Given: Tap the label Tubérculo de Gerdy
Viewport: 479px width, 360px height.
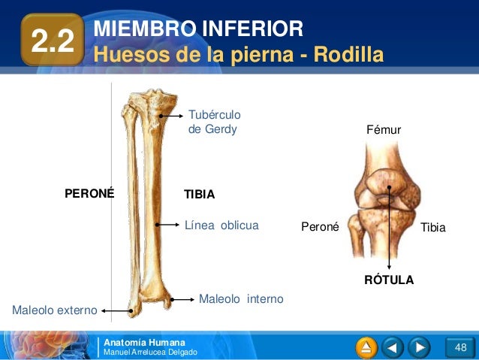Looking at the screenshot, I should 212,122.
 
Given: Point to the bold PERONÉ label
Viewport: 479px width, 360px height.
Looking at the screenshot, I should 89,193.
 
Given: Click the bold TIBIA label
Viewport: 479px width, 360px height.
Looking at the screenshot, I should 200,194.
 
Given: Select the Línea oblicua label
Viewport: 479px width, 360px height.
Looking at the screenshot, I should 221,225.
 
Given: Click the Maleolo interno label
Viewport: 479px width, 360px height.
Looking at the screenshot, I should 241,299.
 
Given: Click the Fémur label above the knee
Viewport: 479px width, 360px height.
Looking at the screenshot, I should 384,131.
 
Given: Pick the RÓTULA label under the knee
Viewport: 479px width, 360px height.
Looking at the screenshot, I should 389,280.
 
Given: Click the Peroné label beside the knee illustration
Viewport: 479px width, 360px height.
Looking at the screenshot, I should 320,226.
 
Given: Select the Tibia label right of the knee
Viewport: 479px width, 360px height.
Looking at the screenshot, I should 432,226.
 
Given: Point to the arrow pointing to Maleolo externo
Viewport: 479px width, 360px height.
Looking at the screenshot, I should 116,310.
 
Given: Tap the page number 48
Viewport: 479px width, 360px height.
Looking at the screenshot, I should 460,347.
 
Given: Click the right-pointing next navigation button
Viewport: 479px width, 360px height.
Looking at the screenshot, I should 419,347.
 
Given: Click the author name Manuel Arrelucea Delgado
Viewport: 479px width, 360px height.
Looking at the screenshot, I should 150,352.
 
